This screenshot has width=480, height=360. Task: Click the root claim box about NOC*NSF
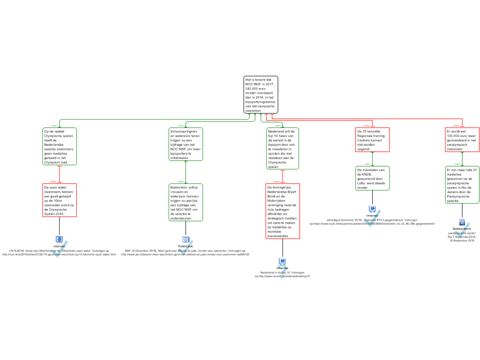tap(261, 95)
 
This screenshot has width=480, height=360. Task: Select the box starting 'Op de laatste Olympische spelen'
tap(59, 146)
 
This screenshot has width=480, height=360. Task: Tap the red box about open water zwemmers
tap(59, 200)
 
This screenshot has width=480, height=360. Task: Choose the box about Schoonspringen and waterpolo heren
tap(186, 144)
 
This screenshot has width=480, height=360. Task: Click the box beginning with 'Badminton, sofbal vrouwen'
tap(186, 202)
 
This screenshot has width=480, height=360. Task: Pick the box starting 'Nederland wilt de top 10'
tap(283, 149)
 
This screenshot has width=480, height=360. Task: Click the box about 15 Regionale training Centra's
tap(372, 140)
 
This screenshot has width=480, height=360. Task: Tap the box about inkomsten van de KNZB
tap(372, 178)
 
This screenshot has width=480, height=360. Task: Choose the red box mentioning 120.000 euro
tap(462, 140)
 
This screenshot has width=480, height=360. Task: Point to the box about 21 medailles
tap(462, 185)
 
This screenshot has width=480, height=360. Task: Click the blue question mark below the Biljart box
tap(282, 270)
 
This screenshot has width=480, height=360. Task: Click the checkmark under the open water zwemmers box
tap(59, 249)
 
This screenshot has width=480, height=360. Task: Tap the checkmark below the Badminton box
tap(186, 248)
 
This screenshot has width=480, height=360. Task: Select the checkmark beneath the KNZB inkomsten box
tap(372, 218)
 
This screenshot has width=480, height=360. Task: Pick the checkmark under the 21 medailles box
tap(462, 231)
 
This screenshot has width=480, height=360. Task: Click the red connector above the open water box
tap(59, 174)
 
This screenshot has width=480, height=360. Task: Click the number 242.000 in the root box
tap(252, 89)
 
